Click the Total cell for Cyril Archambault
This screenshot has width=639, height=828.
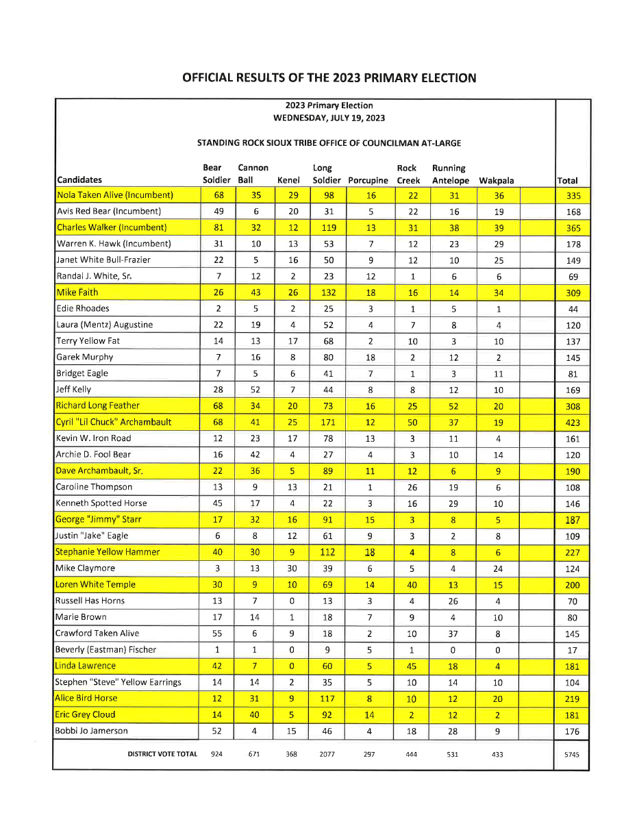[x=573, y=423]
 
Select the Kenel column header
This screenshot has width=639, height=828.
[x=288, y=181]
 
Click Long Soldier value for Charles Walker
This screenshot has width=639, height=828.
[x=328, y=227]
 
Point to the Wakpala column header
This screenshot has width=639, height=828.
[x=497, y=181]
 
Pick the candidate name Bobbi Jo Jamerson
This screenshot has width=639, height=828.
[x=92, y=731]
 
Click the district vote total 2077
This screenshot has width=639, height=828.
[x=327, y=754]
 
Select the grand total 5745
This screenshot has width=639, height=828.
[x=572, y=755]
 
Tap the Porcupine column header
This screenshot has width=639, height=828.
[x=368, y=181]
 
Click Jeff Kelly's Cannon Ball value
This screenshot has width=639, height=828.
[x=254, y=390]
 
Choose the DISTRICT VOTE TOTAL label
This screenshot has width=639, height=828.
[x=162, y=754]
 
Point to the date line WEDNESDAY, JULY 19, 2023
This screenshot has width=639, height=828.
[x=329, y=118]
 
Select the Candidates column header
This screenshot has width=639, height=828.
[x=79, y=180]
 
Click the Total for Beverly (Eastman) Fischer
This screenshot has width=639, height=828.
[x=573, y=651]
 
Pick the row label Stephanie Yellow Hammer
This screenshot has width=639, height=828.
[x=108, y=552]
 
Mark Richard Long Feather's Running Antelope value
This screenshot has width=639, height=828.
[x=453, y=406]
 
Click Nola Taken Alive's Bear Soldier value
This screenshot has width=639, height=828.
[x=218, y=195]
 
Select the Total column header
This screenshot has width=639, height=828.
[x=567, y=181]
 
